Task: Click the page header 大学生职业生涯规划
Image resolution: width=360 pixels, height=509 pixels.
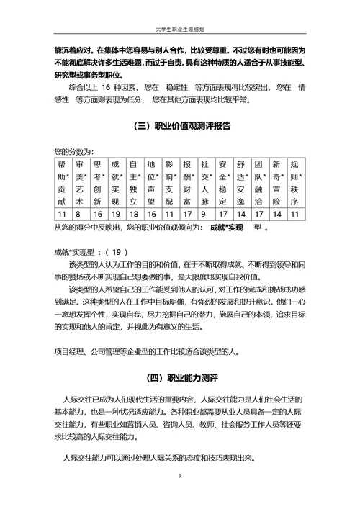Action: pos(179,30)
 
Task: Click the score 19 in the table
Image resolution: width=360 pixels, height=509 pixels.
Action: pos(115,214)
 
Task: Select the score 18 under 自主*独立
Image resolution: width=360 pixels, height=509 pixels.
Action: pos(133,214)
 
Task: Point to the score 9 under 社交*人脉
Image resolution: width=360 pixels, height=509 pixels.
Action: pos(204,214)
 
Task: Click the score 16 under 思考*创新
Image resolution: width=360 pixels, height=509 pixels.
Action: pos(97,214)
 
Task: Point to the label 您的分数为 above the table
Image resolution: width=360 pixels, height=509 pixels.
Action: pos(73,152)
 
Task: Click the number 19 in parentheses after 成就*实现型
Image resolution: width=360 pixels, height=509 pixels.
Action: pos(117,252)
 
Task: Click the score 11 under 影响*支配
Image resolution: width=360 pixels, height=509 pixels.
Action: pos(169,214)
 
